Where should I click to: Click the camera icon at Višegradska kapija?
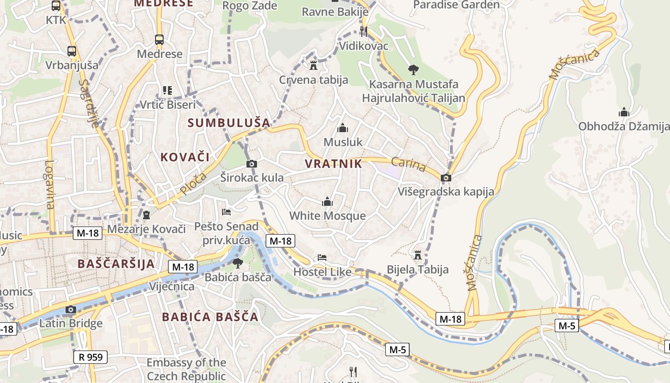[446, 178]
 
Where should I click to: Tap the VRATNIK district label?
[334, 164]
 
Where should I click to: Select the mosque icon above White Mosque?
[327, 202]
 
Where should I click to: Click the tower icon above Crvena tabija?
[313, 65]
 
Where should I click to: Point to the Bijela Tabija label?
[418, 269]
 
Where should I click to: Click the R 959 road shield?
[90, 357]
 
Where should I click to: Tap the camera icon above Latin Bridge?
[71, 309]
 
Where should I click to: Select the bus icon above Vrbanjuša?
[72, 51]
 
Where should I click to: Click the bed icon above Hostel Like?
[322, 258]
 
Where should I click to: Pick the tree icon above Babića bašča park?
[237, 263]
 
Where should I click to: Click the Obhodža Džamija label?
[624, 126]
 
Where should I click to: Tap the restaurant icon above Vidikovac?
[364, 32]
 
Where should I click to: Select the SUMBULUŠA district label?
[229, 123]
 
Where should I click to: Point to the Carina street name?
[408, 164]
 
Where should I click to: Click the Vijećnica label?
[172, 286]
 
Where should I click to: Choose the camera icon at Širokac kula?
[251, 164]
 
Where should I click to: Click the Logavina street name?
[50, 184]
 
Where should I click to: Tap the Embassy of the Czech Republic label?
[186, 369]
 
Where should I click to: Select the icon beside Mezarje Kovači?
[146, 215]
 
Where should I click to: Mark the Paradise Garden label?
[456, 5]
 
